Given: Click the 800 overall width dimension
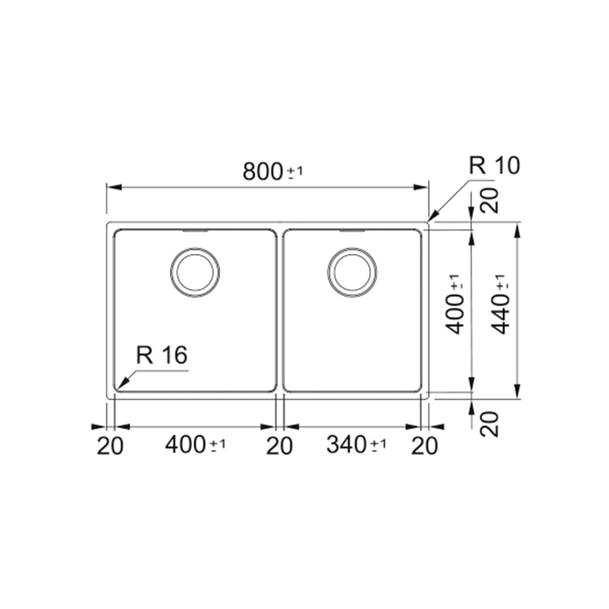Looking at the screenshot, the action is (x=262, y=172).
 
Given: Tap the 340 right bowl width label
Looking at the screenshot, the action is (x=347, y=445).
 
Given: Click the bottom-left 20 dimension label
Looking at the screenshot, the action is (x=110, y=446).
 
